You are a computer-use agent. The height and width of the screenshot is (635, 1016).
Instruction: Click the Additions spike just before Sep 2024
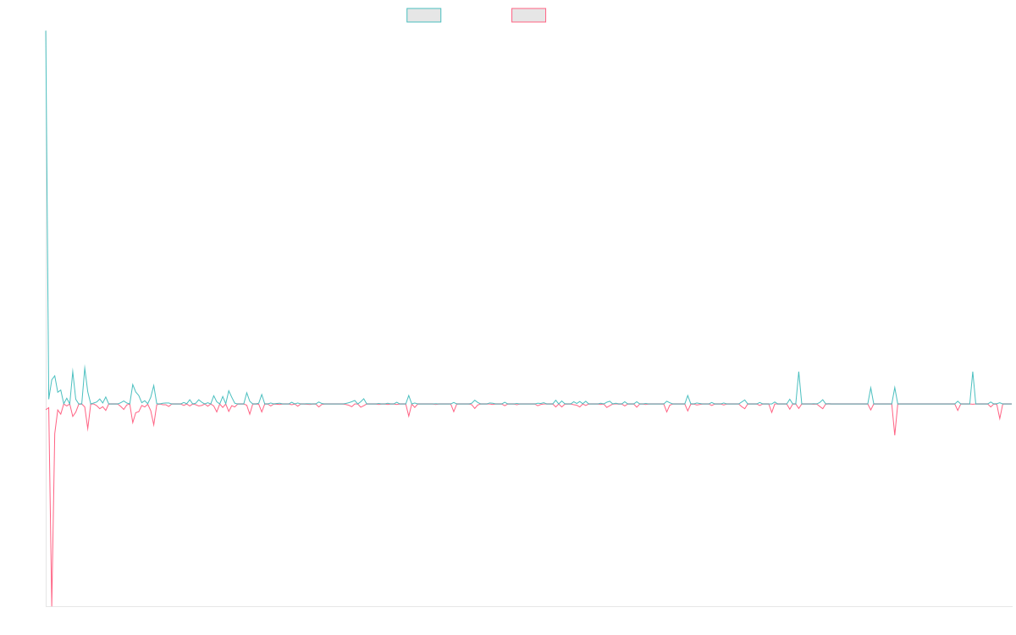pyautogui.click(x=798, y=372)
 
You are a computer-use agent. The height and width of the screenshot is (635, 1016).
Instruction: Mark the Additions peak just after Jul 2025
pyautogui.click(x=972, y=372)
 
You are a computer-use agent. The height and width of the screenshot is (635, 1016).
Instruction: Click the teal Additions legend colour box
pyautogui.click(x=424, y=15)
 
